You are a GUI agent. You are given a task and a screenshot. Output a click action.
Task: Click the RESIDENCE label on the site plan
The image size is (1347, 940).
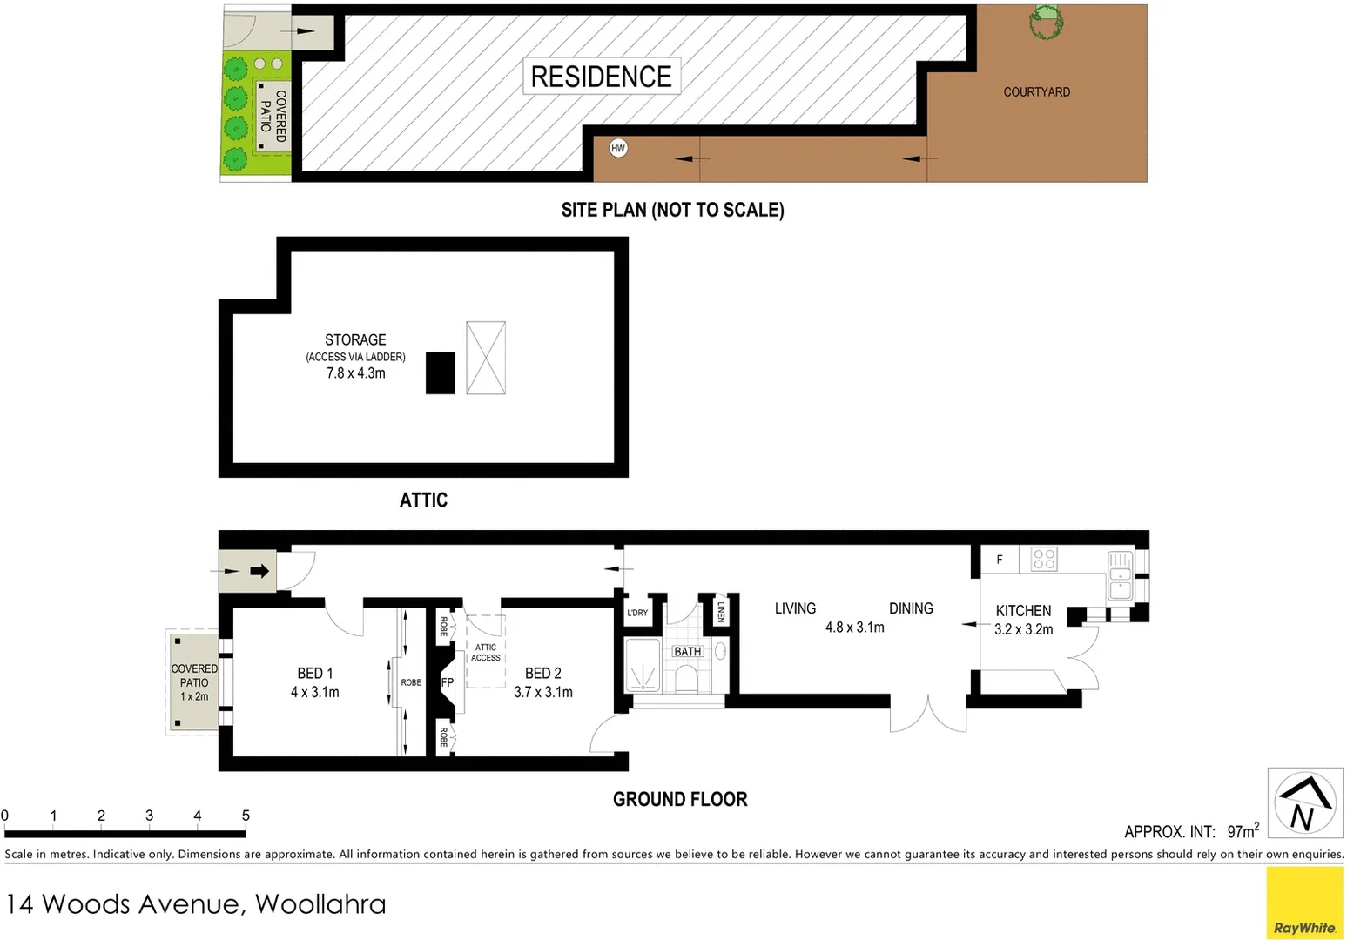[601, 77]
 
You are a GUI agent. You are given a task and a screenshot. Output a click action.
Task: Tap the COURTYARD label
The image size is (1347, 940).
[1036, 91]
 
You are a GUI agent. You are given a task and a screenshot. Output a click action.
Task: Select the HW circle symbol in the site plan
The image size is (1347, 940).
[618, 148]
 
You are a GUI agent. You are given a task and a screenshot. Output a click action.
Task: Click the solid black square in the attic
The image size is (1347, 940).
[441, 373]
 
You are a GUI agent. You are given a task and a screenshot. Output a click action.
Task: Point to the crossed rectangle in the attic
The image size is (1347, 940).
[486, 358]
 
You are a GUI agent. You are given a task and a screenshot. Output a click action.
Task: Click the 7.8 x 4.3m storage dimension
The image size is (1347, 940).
[355, 373]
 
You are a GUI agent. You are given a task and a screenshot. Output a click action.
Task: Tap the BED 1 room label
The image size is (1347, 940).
[314, 673]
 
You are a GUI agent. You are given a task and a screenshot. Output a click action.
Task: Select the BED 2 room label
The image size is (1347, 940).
[542, 673]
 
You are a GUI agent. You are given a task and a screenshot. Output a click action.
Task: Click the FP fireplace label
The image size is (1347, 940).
[447, 682]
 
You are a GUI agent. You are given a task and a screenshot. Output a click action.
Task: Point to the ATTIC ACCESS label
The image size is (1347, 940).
[486, 653]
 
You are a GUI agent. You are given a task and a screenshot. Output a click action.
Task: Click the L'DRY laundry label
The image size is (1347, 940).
[637, 613]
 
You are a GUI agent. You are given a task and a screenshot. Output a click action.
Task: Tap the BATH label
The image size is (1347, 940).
[687, 651]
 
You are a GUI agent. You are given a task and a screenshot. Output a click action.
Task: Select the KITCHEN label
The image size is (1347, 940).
[1023, 611]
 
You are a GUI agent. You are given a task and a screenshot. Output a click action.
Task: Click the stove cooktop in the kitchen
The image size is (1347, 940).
[1044, 559]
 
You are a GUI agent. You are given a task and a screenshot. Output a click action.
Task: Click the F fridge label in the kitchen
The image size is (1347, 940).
[1000, 560]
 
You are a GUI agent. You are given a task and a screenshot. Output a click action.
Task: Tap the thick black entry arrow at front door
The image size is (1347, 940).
[259, 571]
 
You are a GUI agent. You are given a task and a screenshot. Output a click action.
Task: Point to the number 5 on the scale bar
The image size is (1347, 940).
[246, 816]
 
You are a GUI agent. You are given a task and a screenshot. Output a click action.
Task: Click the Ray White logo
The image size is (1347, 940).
[1304, 903]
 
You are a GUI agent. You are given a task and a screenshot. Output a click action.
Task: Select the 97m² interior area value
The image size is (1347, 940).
[1243, 831]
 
